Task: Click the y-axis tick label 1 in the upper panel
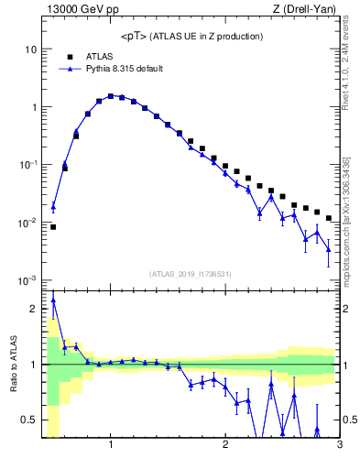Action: [34, 106]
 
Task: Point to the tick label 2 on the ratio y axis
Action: [34, 309]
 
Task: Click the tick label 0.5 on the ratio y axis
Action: [30, 420]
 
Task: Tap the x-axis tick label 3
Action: [339, 445]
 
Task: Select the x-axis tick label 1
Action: [111, 445]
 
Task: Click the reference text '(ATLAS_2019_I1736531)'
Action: [191, 274]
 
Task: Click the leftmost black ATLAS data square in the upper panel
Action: [53, 227]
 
